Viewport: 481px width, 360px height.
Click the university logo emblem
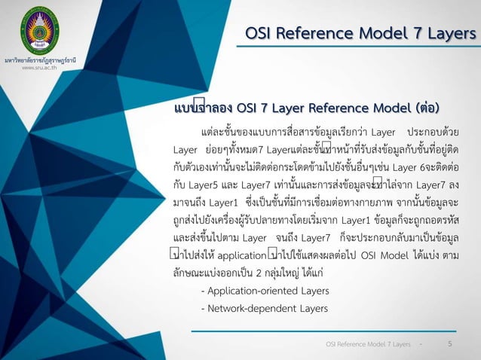pos(37,29)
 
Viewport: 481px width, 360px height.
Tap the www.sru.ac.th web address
pos(37,67)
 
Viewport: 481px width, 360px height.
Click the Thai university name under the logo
pos(37,59)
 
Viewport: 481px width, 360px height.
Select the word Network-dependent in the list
pos(243,309)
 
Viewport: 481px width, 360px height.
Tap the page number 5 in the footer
pos(449,343)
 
